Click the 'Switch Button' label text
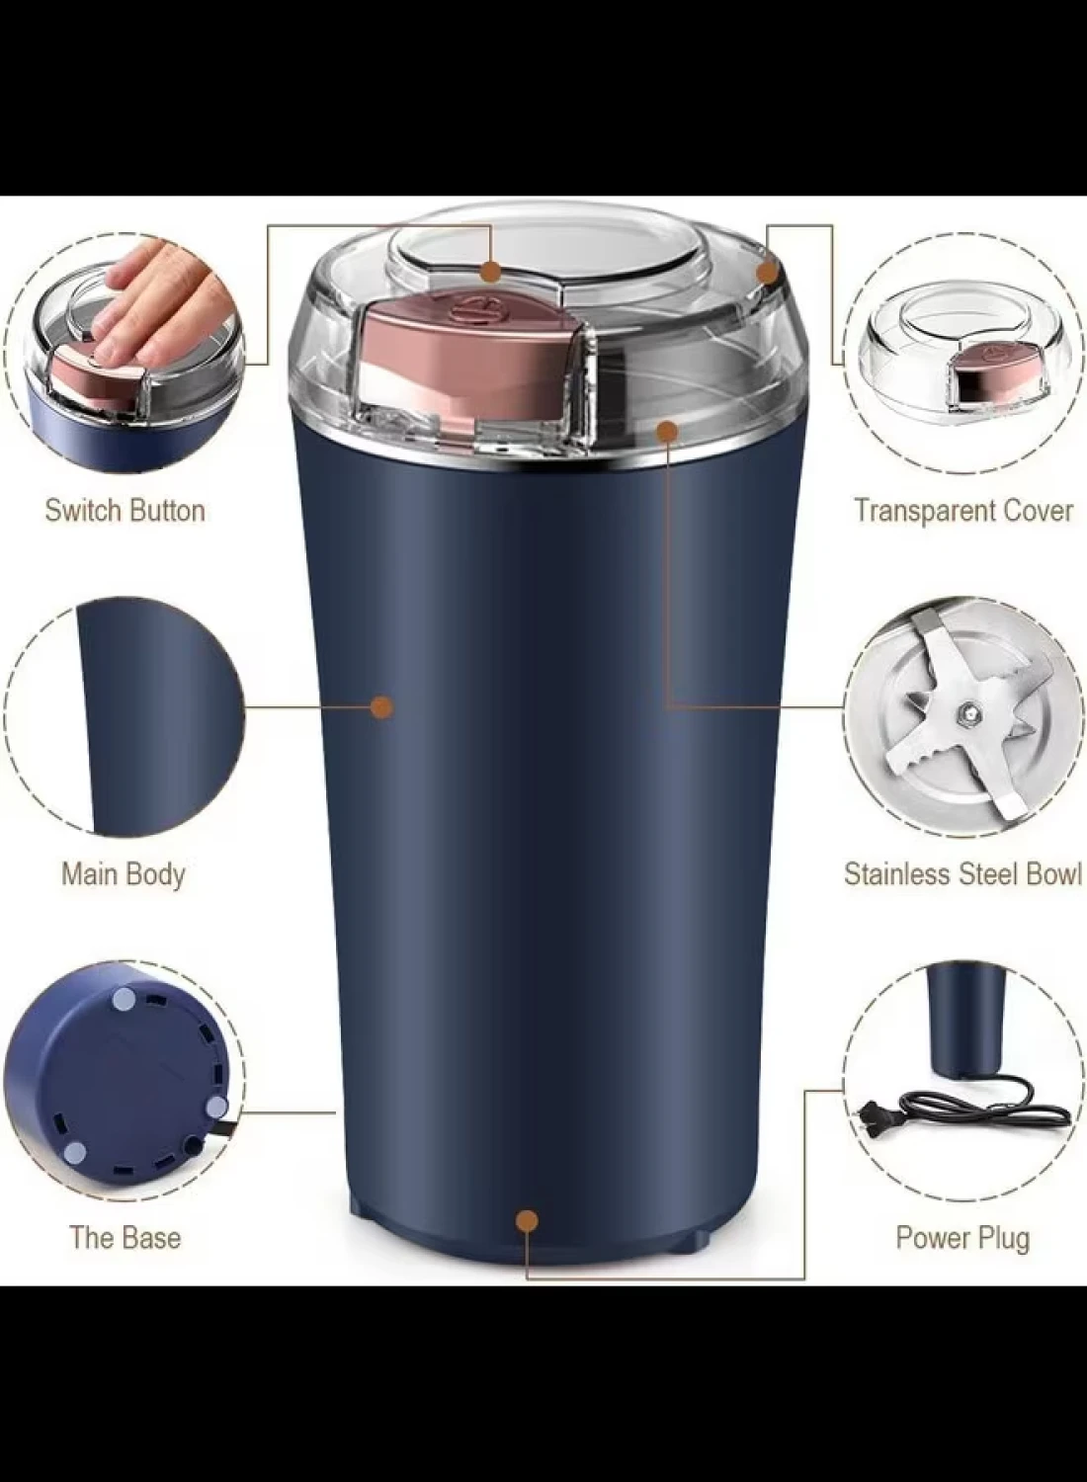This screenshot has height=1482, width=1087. click(125, 512)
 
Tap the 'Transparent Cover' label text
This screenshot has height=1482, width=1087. click(963, 511)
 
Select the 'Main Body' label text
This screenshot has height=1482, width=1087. click(124, 874)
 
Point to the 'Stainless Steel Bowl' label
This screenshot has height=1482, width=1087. click(962, 874)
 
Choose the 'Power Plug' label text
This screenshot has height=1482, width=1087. click(962, 1239)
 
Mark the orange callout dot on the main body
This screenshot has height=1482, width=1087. click(381, 707)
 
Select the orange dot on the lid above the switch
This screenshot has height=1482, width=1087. click(490, 271)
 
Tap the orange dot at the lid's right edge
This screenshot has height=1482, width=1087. click(766, 273)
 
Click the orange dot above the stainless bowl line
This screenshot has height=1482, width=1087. click(668, 432)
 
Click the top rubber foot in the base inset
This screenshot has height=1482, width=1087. click(124, 1020)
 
